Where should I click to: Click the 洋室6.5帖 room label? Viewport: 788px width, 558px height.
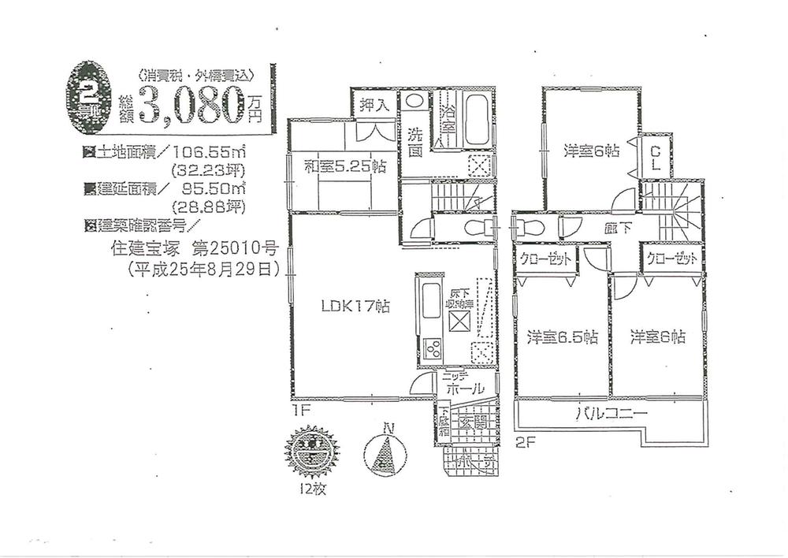[561, 337]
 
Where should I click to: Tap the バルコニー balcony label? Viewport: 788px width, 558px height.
[611, 413]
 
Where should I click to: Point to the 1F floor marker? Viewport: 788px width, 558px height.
[296, 411]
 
